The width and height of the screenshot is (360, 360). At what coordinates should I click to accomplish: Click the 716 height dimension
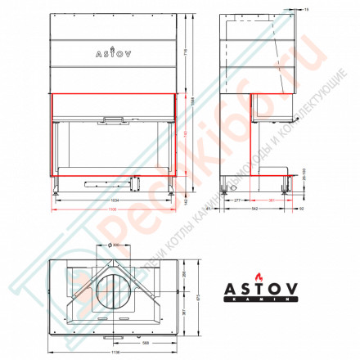pos(186,52)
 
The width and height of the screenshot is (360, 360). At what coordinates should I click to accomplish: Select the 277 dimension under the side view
pos(236,200)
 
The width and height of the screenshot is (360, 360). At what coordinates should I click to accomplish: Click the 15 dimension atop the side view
pos(305,8)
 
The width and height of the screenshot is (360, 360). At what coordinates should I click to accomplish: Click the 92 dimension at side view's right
pos(301,209)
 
